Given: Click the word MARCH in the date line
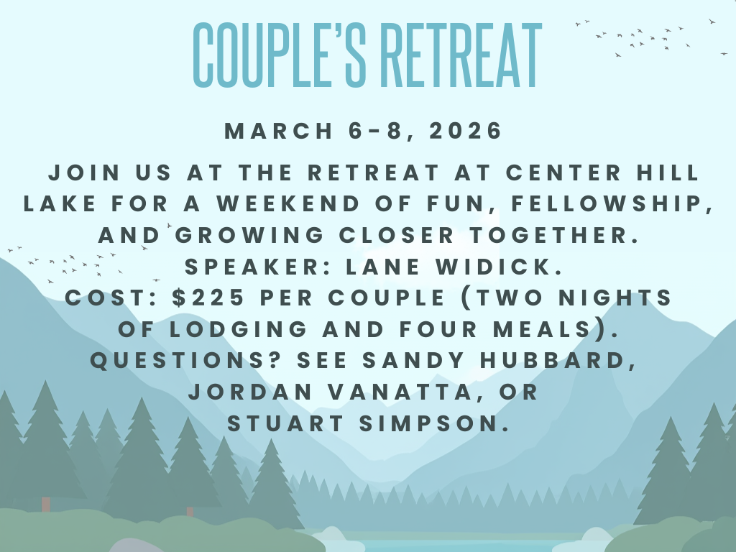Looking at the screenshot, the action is [279, 131].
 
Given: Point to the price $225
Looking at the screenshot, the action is [208, 297].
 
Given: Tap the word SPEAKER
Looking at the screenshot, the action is [259, 266].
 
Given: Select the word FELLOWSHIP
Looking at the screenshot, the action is [612, 203].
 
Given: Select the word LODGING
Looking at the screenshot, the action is [238, 328].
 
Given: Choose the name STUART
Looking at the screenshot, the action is [286, 423].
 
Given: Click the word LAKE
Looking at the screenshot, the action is [60, 203].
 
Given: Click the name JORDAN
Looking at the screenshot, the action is [250, 392].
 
